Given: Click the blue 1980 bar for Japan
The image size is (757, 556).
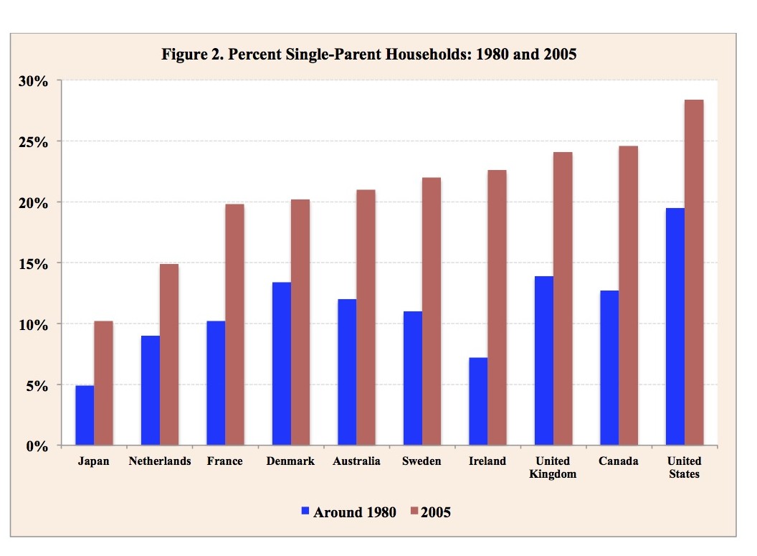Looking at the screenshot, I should click(85, 415).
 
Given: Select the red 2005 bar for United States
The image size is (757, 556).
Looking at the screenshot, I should click(694, 273).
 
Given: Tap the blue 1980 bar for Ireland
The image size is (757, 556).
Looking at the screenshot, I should click(478, 402).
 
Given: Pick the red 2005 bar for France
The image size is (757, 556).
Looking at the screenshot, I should click(234, 325).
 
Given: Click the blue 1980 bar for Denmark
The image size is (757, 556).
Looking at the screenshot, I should click(282, 364).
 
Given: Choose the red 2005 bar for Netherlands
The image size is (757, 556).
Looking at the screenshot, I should click(169, 355).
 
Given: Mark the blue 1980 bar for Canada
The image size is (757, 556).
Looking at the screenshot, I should click(609, 368).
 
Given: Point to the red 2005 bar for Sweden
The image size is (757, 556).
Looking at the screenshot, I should click(432, 311).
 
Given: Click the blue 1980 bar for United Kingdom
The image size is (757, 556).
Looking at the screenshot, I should click(544, 361).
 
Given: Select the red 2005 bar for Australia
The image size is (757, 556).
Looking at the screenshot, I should click(366, 318).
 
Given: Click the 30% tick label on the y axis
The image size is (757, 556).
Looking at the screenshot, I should click(34, 81).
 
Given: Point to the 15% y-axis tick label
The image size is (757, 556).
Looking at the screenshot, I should click(34, 264).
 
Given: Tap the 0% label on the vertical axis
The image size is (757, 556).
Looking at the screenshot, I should click(37, 446).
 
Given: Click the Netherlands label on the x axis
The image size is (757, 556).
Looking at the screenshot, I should click(160, 461).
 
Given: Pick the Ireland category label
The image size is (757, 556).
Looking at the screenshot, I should click(487, 461).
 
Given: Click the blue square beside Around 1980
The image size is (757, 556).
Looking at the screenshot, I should click(305, 512).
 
